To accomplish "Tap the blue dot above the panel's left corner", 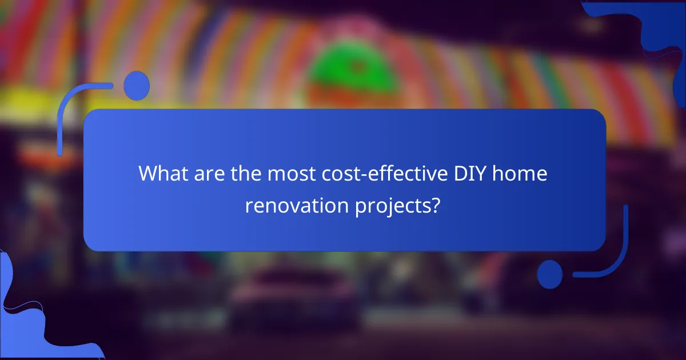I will click(x=136, y=86).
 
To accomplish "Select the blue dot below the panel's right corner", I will click(x=550, y=274).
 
